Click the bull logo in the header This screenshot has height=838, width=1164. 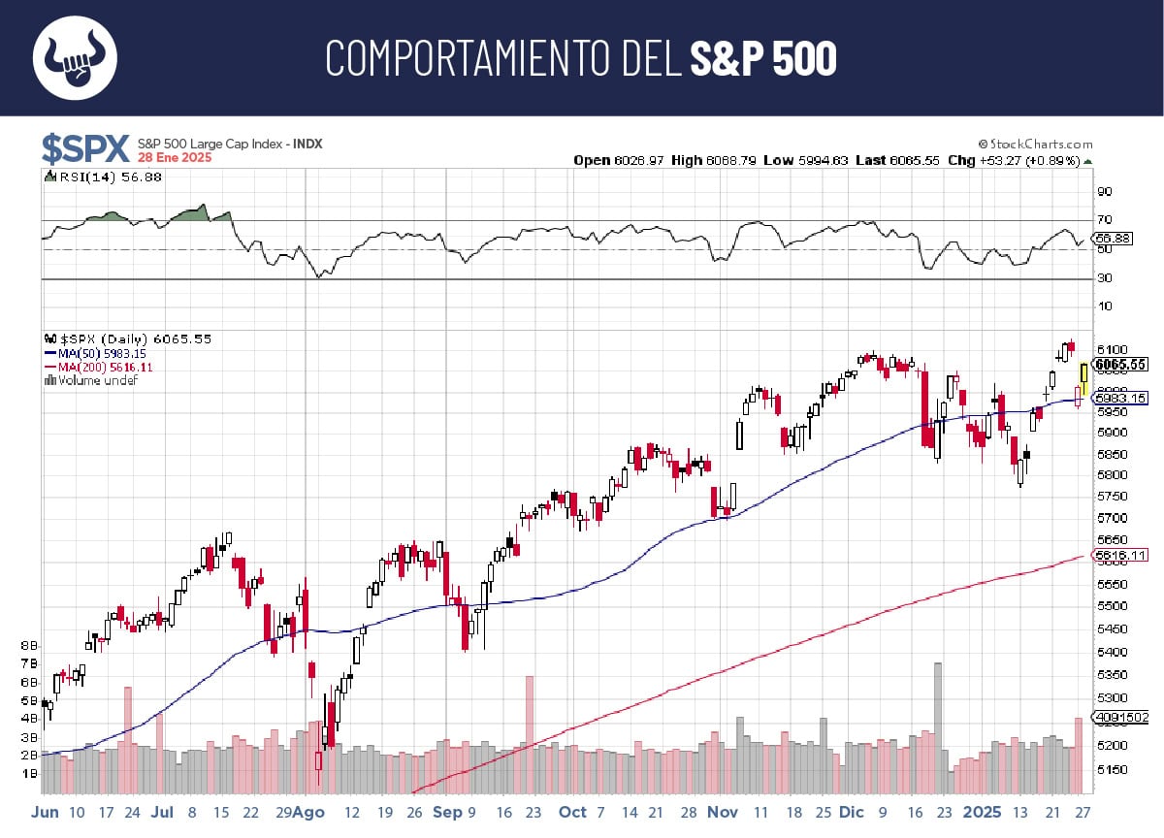[76, 57]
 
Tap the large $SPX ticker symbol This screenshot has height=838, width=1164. [85, 149]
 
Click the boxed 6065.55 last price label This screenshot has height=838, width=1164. [1120, 365]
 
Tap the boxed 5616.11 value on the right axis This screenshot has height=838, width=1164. [1120, 556]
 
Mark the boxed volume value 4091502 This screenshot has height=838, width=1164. [1121, 718]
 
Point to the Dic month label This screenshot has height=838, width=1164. [852, 812]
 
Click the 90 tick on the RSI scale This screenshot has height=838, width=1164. [1104, 192]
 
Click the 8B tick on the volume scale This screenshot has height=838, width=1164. [29, 645]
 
